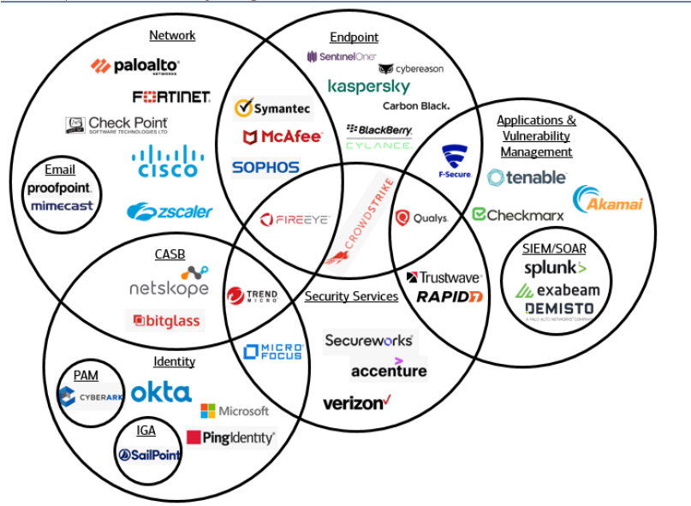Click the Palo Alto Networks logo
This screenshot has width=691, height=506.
(x=135, y=66)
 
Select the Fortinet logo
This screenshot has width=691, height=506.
(x=171, y=97)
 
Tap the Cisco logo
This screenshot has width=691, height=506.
(x=168, y=162)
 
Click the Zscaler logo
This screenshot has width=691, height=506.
(x=170, y=211)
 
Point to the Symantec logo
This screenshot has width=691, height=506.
(x=272, y=109)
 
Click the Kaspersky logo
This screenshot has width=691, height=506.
(x=368, y=86)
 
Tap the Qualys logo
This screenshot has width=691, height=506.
(x=421, y=217)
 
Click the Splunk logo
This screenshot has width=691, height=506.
(x=556, y=268)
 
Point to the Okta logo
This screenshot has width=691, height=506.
(x=161, y=393)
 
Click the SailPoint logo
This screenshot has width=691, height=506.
(x=150, y=455)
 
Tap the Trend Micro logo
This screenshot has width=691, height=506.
(x=252, y=296)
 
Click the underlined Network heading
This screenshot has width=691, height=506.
(x=172, y=35)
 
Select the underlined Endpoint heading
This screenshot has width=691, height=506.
(x=354, y=37)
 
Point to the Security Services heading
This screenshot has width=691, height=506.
(x=351, y=296)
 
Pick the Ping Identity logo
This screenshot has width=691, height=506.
(x=230, y=438)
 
